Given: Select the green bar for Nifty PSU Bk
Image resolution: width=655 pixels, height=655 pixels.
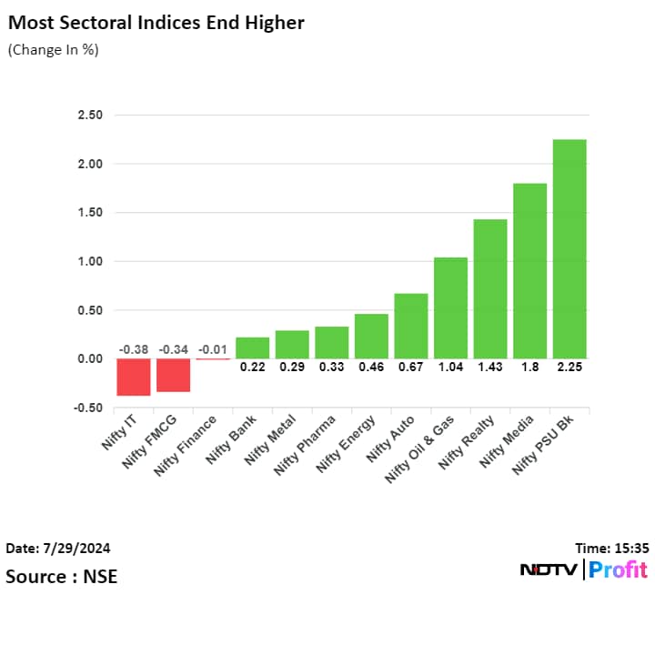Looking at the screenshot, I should [569, 248].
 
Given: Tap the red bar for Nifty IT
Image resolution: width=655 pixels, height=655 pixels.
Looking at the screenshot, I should [133, 377].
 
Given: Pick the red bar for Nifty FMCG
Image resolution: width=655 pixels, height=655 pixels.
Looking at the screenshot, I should [173, 375].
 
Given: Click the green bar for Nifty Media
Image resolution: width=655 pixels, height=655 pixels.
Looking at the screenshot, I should [529, 270].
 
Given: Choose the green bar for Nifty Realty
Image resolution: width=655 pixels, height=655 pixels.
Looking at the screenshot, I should [489, 288].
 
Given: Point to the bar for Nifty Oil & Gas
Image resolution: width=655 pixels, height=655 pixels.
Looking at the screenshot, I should [450, 307].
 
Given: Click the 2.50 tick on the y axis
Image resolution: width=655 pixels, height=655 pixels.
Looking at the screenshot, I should [90, 116].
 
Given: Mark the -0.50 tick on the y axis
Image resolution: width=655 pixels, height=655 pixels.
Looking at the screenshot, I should [89, 408].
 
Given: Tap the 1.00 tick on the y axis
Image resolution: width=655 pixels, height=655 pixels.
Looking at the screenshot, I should [90, 262].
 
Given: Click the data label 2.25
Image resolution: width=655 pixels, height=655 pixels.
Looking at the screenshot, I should [569, 368].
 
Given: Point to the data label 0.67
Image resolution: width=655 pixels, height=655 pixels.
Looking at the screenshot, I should [410, 368].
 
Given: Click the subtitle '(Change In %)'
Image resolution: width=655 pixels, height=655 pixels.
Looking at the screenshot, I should [54, 49].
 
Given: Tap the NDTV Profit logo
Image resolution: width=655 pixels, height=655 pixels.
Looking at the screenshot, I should [583, 570].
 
